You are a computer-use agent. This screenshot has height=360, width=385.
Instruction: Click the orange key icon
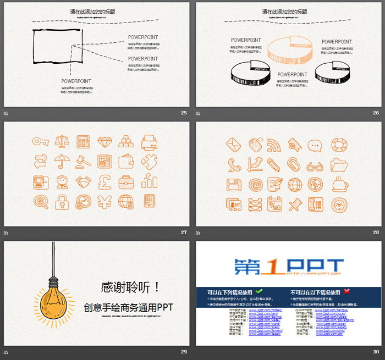(x=41, y=141)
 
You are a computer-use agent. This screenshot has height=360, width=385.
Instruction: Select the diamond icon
(x=105, y=142)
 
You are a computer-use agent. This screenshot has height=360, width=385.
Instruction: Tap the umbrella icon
(x=61, y=160)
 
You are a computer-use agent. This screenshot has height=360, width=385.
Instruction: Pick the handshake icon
(x=84, y=181)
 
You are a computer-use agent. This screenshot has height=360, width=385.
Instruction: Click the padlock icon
(x=62, y=202)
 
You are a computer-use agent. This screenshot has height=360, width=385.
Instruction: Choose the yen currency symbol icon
(x=104, y=202)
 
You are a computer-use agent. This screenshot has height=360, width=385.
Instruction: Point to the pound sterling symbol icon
(x=105, y=182)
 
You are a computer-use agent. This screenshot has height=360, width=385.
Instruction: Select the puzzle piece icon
(x=150, y=160)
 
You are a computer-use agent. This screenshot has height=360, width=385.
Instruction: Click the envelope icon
(x=234, y=145)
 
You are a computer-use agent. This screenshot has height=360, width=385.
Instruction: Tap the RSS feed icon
(x=274, y=145)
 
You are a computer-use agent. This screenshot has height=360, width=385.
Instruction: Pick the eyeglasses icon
(x=315, y=165)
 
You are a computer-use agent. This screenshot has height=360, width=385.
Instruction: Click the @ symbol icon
(x=254, y=184)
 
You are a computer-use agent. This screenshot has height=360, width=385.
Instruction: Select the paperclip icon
(x=294, y=164)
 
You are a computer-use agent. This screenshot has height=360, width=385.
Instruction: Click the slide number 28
(x=376, y=232)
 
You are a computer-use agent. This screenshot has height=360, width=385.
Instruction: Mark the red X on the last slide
(x=346, y=291)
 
